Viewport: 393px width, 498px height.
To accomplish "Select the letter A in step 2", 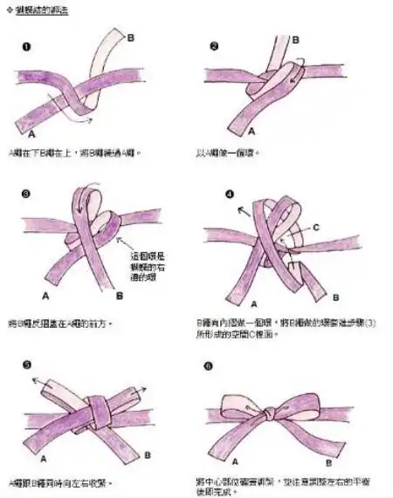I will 252,132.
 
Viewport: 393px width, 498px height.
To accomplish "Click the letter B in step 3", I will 118,296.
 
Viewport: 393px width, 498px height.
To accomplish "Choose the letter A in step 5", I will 43,454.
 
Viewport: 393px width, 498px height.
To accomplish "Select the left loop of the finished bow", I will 240,404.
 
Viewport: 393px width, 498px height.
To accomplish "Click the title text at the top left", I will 38,12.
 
